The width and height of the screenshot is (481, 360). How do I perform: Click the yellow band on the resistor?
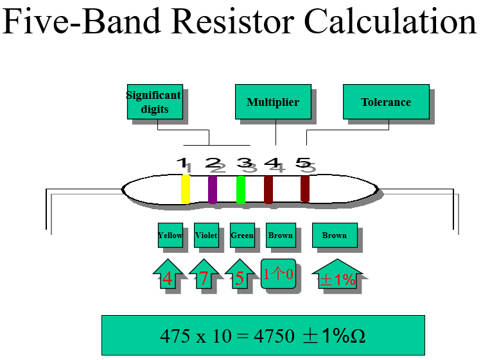[x=186, y=189]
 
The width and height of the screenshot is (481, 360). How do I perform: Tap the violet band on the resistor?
[x=213, y=189]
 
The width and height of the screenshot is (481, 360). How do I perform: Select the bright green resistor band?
[x=241, y=189]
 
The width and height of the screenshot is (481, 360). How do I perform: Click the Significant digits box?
[x=154, y=102]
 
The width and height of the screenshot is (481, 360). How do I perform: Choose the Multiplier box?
[x=273, y=102]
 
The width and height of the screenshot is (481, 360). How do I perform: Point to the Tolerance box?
[x=386, y=102]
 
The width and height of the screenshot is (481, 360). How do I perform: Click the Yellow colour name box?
[x=170, y=236]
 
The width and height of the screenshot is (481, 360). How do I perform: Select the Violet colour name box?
[x=206, y=236]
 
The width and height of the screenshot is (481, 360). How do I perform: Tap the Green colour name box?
[x=242, y=236]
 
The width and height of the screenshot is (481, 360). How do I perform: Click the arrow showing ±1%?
[x=338, y=278]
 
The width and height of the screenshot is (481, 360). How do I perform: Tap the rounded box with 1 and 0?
[x=278, y=275]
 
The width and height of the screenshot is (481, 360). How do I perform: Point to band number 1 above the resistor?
[x=182, y=163]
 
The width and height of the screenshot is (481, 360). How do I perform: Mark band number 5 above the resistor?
[x=303, y=163]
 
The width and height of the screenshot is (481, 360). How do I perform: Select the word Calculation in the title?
[x=390, y=22]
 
